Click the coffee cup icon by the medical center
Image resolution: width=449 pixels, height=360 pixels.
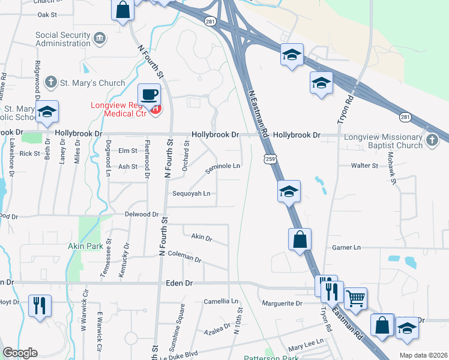tap(149, 95)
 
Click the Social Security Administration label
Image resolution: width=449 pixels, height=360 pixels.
tap(64, 40)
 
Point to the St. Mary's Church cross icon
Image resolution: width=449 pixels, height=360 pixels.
tap(52, 82)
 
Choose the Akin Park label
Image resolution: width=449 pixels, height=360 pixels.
tap(82, 246)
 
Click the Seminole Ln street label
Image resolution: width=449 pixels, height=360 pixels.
tap(223, 167)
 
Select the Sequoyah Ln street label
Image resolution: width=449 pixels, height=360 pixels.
tap(191, 193)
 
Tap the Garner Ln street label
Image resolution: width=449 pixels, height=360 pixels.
tap(346, 247)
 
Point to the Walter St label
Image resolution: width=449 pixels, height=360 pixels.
tap(365, 165)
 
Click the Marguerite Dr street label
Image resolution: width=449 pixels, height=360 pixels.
tap(282, 304)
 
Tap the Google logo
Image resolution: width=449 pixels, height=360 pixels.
tap(20, 353)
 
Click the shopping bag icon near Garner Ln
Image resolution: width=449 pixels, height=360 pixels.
tap(300, 239)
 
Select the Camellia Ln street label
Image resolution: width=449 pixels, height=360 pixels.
tap(221, 301)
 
